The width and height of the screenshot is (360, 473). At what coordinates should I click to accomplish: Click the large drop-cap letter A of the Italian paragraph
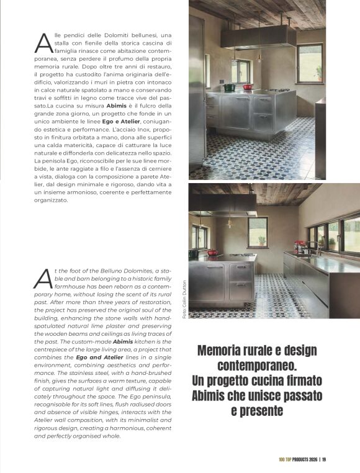point(43,42)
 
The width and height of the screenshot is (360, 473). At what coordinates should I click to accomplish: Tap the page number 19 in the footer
point(324,459)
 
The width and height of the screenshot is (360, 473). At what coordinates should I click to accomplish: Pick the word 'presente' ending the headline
point(257,411)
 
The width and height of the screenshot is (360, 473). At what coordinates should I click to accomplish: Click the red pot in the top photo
point(248,88)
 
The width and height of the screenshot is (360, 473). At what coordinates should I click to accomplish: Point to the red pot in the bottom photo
point(212,253)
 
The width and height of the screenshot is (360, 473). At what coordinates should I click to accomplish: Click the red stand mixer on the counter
point(300,246)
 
